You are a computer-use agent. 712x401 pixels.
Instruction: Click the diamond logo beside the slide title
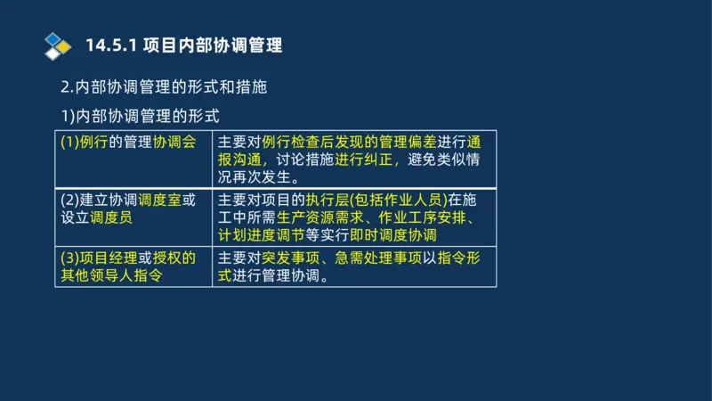(x=58, y=45)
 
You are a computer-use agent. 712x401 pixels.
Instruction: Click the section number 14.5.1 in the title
(x=109, y=45)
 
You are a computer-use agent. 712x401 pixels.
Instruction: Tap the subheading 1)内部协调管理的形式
(x=139, y=116)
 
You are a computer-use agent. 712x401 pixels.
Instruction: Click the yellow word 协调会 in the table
(x=174, y=142)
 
